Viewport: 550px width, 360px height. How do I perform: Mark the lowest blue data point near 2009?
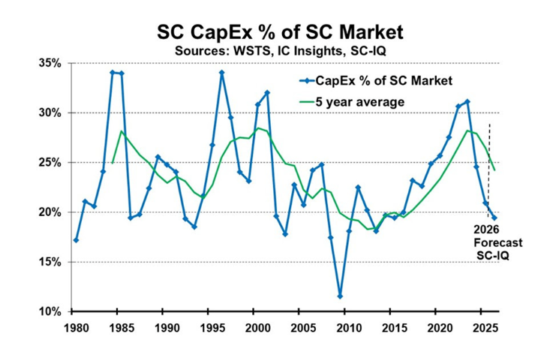(x=340, y=296)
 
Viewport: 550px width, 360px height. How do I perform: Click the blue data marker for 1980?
(x=76, y=240)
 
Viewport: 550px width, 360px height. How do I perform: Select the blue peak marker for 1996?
(x=222, y=73)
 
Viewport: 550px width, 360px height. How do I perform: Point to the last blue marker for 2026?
(x=494, y=218)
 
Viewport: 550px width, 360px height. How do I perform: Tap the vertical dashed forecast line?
(x=489, y=150)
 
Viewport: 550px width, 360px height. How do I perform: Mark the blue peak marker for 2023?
(x=467, y=101)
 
